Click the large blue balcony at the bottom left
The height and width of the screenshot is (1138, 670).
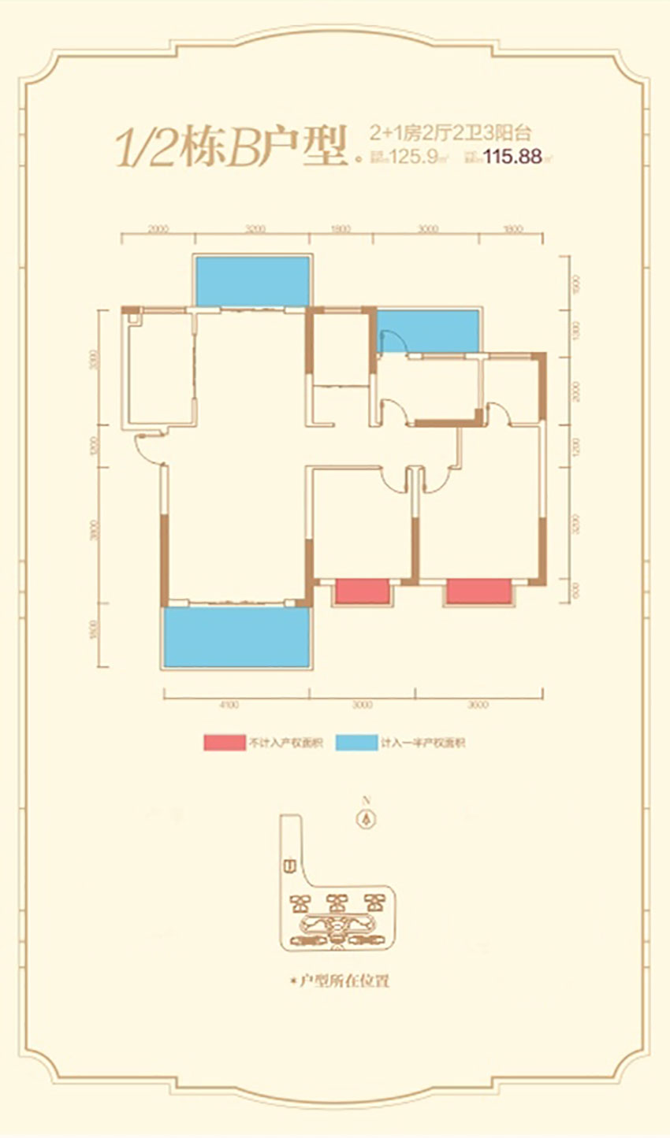[236, 636]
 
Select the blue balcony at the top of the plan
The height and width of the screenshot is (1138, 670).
[251, 281]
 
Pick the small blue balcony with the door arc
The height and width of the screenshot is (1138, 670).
[430, 331]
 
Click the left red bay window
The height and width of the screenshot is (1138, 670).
[363, 591]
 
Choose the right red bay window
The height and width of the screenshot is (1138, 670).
[478, 591]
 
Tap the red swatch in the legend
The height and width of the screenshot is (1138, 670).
[224, 742]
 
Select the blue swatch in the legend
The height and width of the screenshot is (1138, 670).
[355, 742]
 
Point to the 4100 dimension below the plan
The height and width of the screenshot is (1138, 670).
[229, 704]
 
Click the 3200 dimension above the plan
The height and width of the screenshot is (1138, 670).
[254, 230]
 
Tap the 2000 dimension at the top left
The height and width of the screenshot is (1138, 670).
[158, 230]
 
